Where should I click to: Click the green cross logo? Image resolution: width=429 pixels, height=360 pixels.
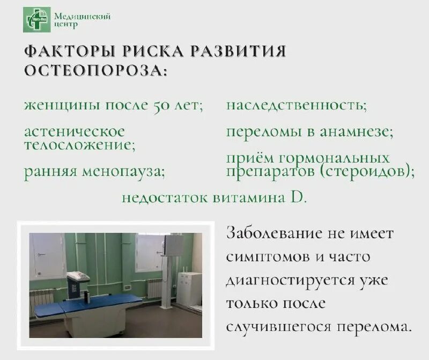pos(37,19)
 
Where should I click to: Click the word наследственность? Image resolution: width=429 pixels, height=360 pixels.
pos(297,105)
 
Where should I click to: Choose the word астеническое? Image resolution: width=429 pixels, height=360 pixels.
pos(75,131)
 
